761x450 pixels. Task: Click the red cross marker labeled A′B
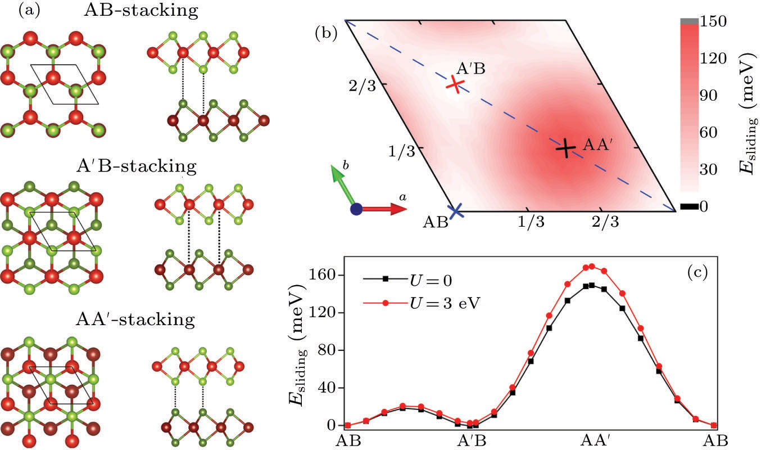(x=456, y=84)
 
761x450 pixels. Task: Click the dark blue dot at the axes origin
(x=356, y=209)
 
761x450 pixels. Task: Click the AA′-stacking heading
(x=135, y=321)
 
